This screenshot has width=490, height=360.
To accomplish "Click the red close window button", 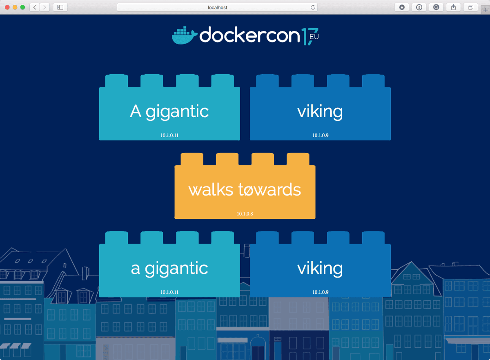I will click(7, 7).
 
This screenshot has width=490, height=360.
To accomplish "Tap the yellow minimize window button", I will click(15, 7).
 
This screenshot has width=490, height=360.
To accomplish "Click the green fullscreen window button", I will click(22, 7).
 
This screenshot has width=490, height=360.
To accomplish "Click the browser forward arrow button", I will click(45, 7).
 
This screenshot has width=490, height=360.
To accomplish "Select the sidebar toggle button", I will click(60, 7).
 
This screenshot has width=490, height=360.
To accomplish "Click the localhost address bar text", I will click(217, 7).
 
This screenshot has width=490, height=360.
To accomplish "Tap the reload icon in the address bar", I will click(313, 7).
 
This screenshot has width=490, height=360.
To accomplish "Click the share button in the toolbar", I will click(453, 7).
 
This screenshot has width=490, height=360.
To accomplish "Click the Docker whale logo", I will click(184, 35).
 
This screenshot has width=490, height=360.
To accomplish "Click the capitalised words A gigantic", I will click(169, 111).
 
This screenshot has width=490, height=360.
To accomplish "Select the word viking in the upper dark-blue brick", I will click(320, 111).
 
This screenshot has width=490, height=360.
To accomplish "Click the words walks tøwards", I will click(245, 190).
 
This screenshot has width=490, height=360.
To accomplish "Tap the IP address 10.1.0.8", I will click(245, 213).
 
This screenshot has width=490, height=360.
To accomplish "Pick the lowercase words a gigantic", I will click(169, 268).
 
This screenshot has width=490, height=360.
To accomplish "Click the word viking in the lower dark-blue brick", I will click(320, 268).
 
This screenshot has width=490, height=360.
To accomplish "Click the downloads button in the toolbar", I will click(402, 7).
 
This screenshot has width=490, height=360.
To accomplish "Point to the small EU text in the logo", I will click(314, 37).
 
